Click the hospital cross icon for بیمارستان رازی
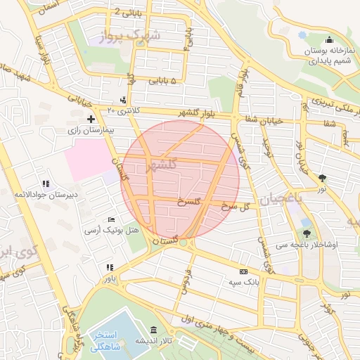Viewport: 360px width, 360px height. tap(91, 119)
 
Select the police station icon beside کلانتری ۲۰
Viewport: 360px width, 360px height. tap(124, 100)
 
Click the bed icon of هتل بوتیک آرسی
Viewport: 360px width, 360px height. tap(111, 220)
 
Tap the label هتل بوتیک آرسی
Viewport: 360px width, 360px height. tap(112, 231)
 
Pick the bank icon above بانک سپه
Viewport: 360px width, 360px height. tap(243, 271)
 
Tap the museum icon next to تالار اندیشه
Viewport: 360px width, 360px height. tap(154, 330)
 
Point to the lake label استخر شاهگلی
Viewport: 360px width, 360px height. tap(108, 341)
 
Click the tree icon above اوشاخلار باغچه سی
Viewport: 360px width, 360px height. tap(307, 233)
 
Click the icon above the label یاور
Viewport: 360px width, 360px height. tap(109, 268)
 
